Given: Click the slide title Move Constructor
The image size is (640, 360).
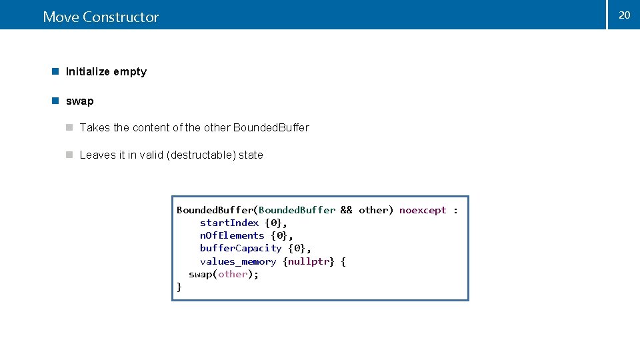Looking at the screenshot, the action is point(101,17).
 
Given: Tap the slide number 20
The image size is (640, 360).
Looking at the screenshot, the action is point(624,15).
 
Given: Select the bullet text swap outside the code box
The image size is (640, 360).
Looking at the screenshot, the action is point(80,101).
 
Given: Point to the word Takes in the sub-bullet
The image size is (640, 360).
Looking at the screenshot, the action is point(95,127).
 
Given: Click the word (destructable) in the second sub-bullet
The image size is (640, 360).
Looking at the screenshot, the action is point(201,155).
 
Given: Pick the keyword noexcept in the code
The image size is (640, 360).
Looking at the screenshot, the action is point(423,210).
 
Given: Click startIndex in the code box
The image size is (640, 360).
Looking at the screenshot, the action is point(229,223).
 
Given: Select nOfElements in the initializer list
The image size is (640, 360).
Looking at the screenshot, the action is point(232,235).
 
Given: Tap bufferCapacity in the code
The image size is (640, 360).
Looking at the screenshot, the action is point(241,248).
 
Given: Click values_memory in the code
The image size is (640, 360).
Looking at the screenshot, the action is point(238,261).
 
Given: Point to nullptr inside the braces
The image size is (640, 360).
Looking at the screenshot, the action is point(309,261).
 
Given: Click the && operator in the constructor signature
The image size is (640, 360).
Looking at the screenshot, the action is point(347,210).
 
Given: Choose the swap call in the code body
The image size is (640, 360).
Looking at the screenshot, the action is point(201,274).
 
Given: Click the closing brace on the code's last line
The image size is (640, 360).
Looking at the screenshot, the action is point(179,287).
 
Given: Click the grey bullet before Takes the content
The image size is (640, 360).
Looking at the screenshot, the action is point(69,127).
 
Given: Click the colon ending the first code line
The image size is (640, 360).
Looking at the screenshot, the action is point(455,211).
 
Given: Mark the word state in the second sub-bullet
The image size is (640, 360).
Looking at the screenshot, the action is point(251,155).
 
